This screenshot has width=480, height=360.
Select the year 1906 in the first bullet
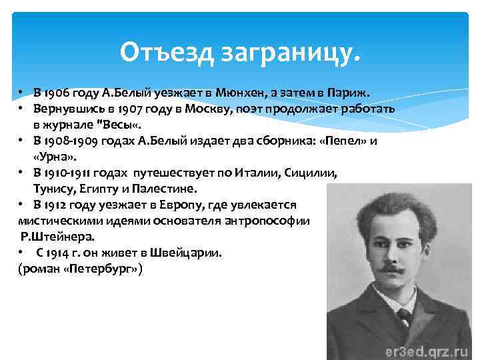point(56,92)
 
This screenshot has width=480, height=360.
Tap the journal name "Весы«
point(123,125)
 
